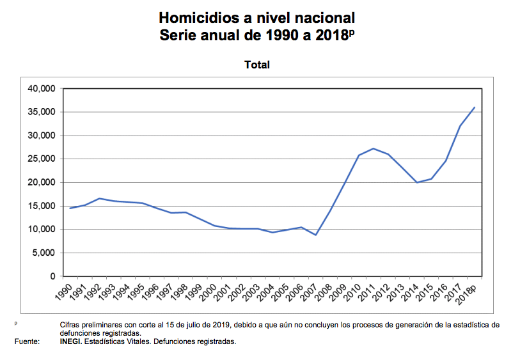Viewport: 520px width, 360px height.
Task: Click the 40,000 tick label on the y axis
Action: click(x=42, y=89)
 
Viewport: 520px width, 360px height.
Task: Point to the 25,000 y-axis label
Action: click(x=42, y=159)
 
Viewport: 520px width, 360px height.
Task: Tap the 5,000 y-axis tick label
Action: click(x=45, y=253)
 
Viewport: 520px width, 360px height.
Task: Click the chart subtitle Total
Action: click(x=257, y=65)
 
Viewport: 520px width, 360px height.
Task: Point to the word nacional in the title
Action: click(x=322, y=17)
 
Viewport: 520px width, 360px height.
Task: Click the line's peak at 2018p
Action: click(x=474, y=107)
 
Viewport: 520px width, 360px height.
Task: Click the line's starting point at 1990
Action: click(x=70, y=208)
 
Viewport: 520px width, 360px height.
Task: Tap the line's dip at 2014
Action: click(x=418, y=182)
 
